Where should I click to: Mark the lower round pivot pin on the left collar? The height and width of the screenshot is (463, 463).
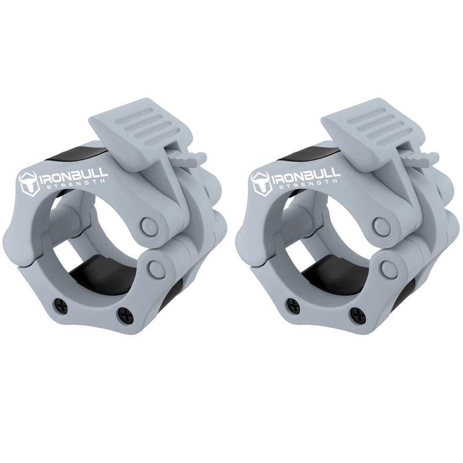156,267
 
